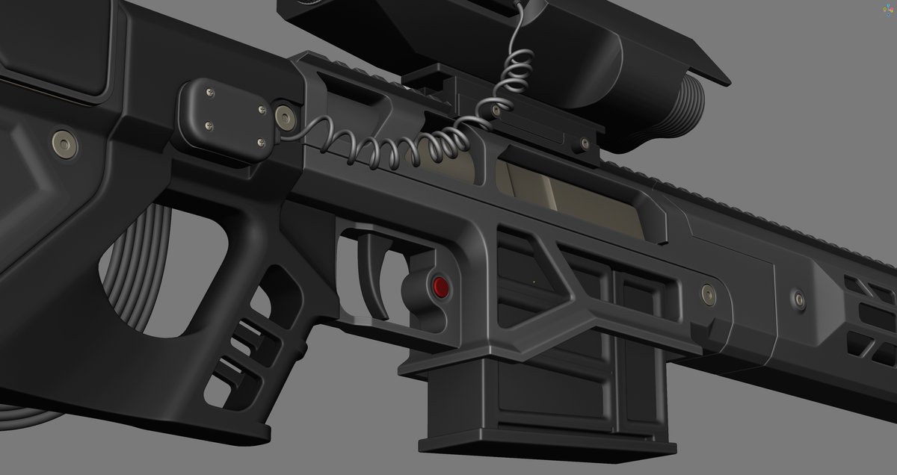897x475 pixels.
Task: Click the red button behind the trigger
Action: click(x=440, y=287)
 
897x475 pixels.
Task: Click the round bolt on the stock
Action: click(x=63, y=142)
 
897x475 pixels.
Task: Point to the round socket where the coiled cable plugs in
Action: click(x=285, y=116)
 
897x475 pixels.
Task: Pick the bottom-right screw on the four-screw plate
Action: click(x=259, y=143)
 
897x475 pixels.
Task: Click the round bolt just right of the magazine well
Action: click(x=707, y=294)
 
